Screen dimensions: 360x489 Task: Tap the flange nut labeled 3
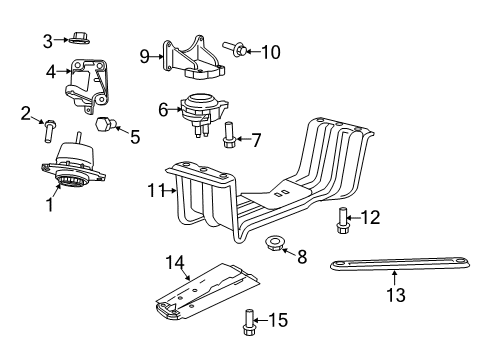81,40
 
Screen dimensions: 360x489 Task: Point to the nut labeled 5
104,127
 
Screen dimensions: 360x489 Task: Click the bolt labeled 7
229,132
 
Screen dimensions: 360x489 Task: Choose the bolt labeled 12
346,216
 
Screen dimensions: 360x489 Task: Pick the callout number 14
175,263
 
